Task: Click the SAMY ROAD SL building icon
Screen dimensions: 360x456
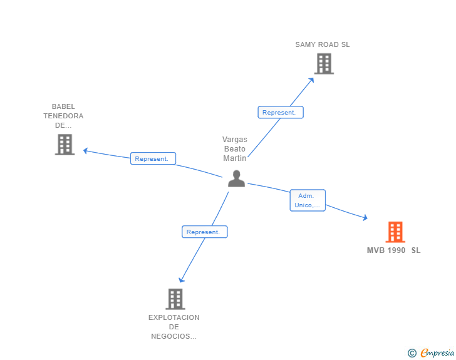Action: pyautogui.click(x=324, y=64)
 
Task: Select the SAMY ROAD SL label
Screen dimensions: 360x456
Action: pyautogui.click(x=323, y=45)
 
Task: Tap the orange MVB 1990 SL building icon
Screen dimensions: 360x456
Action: pyautogui.click(x=395, y=232)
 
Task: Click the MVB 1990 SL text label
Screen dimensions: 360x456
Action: pyautogui.click(x=393, y=250)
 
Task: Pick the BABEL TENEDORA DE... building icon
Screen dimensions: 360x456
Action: pyautogui.click(x=65, y=145)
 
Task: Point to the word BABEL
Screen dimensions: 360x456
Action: pyautogui.click(x=63, y=106)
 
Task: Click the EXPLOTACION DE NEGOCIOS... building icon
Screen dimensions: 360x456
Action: pyautogui.click(x=175, y=299)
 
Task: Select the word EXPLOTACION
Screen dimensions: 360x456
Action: pyautogui.click(x=174, y=317)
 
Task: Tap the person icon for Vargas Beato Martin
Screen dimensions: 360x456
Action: pyautogui.click(x=236, y=179)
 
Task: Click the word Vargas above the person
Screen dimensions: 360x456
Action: pyautogui.click(x=235, y=140)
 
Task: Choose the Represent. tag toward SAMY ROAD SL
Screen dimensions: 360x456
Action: pyautogui.click(x=280, y=113)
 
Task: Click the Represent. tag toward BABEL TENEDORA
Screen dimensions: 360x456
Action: pyautogui.click(x=152, y=159)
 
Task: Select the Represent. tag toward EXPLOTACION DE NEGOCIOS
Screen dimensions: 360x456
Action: pyautogui.click(x=204, y=232)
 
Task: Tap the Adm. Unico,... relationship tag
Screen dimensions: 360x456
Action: pyautogui.click(x=308, y=200)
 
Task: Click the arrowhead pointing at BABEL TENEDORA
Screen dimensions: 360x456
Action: pyautogui.click(x=86, y=150)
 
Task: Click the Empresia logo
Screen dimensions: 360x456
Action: pyautogui.click(x=437, y=353)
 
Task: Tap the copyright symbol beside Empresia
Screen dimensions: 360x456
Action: pyautogui.click(x=412, y=354)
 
